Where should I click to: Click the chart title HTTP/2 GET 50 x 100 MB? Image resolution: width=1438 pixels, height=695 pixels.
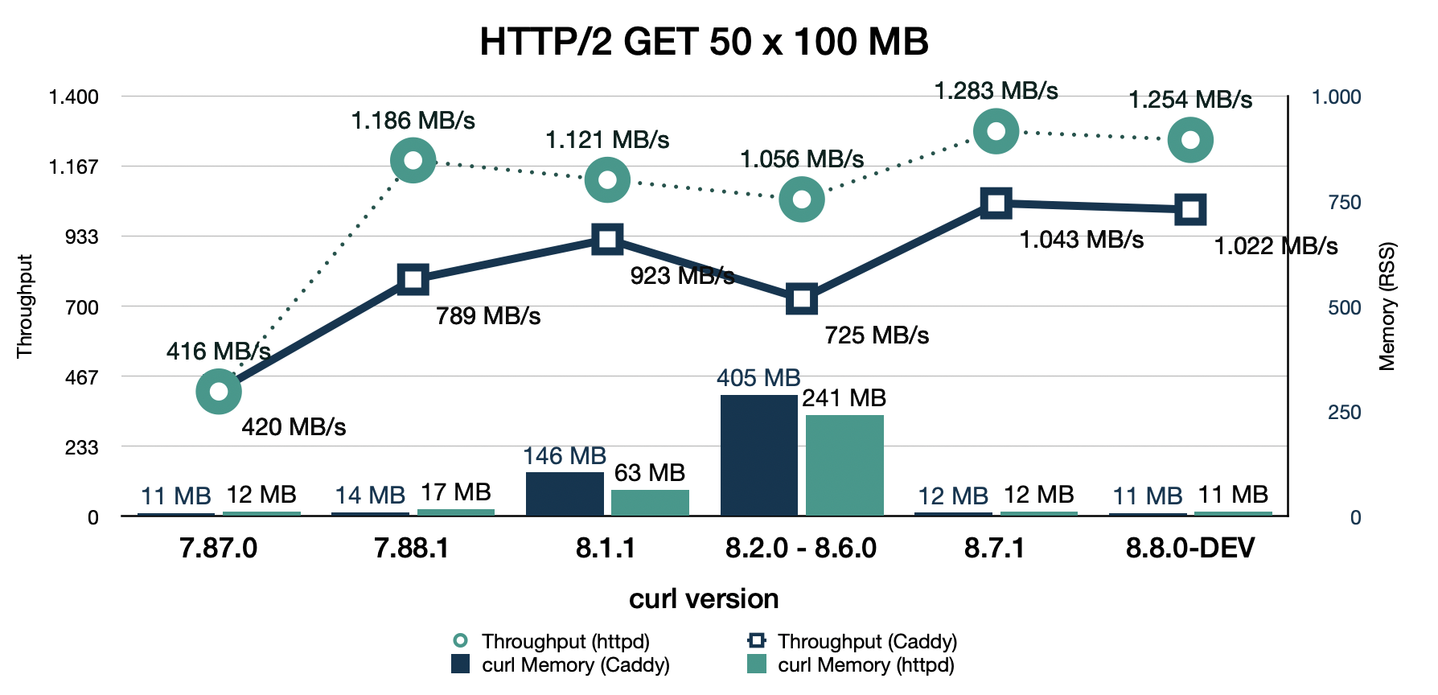[x=704, y=41]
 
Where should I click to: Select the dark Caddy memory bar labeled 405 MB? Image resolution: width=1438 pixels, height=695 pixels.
[x=758, y=454]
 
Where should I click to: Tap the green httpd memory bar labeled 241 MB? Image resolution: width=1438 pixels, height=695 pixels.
[x=844, y=465]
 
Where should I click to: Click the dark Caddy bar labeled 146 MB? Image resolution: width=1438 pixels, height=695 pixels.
[x=565, y=493]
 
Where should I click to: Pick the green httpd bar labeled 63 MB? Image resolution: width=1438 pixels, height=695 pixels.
[x=650, y=502]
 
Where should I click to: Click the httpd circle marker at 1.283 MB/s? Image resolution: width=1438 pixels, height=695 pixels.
[x=996, y=131]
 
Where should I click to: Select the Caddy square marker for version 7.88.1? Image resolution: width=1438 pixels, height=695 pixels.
[x=413, y=279]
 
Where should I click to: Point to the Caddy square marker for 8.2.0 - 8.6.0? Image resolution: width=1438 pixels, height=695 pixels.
[x=801, y=299]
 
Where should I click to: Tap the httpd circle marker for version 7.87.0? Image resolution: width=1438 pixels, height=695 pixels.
[x=218, y=392]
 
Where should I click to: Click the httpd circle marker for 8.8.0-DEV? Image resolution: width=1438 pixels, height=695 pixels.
[x=1190, y=140]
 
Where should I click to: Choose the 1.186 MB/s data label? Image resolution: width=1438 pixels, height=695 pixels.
[x=413, y=121]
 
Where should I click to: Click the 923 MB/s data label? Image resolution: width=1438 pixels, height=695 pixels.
[x=681, y=276]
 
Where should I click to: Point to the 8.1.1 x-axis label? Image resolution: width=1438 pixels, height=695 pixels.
[x=606, y=549]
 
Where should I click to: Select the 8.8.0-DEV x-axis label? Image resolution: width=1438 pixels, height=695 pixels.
[x=1189, y=549]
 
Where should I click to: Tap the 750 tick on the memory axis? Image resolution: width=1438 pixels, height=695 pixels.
[x=1344, y=202]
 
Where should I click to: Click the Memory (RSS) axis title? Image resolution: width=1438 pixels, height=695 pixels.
[x=1387, y=306]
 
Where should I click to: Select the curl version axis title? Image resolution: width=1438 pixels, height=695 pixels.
[x=704, y=598]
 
